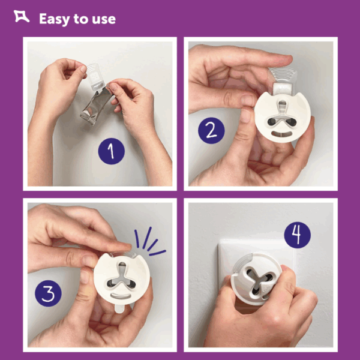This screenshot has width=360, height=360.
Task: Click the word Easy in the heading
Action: point(55,20)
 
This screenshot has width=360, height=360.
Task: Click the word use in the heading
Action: point(104,20)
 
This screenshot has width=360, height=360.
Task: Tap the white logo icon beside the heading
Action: point(22,17)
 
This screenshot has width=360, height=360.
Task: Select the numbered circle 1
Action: point(112,151)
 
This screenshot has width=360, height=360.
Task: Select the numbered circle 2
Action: point(211,131)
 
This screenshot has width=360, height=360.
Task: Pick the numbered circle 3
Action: point(48,293)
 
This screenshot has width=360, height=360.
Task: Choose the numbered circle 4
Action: point(298,235)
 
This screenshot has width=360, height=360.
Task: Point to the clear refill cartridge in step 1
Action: point(95,77)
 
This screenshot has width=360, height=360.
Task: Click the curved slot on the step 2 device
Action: point(282,134)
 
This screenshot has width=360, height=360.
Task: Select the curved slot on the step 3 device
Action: point(121,295)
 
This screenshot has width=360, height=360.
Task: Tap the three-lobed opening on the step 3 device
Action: point(122,276)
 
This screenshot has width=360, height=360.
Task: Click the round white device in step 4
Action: point(256,279)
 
